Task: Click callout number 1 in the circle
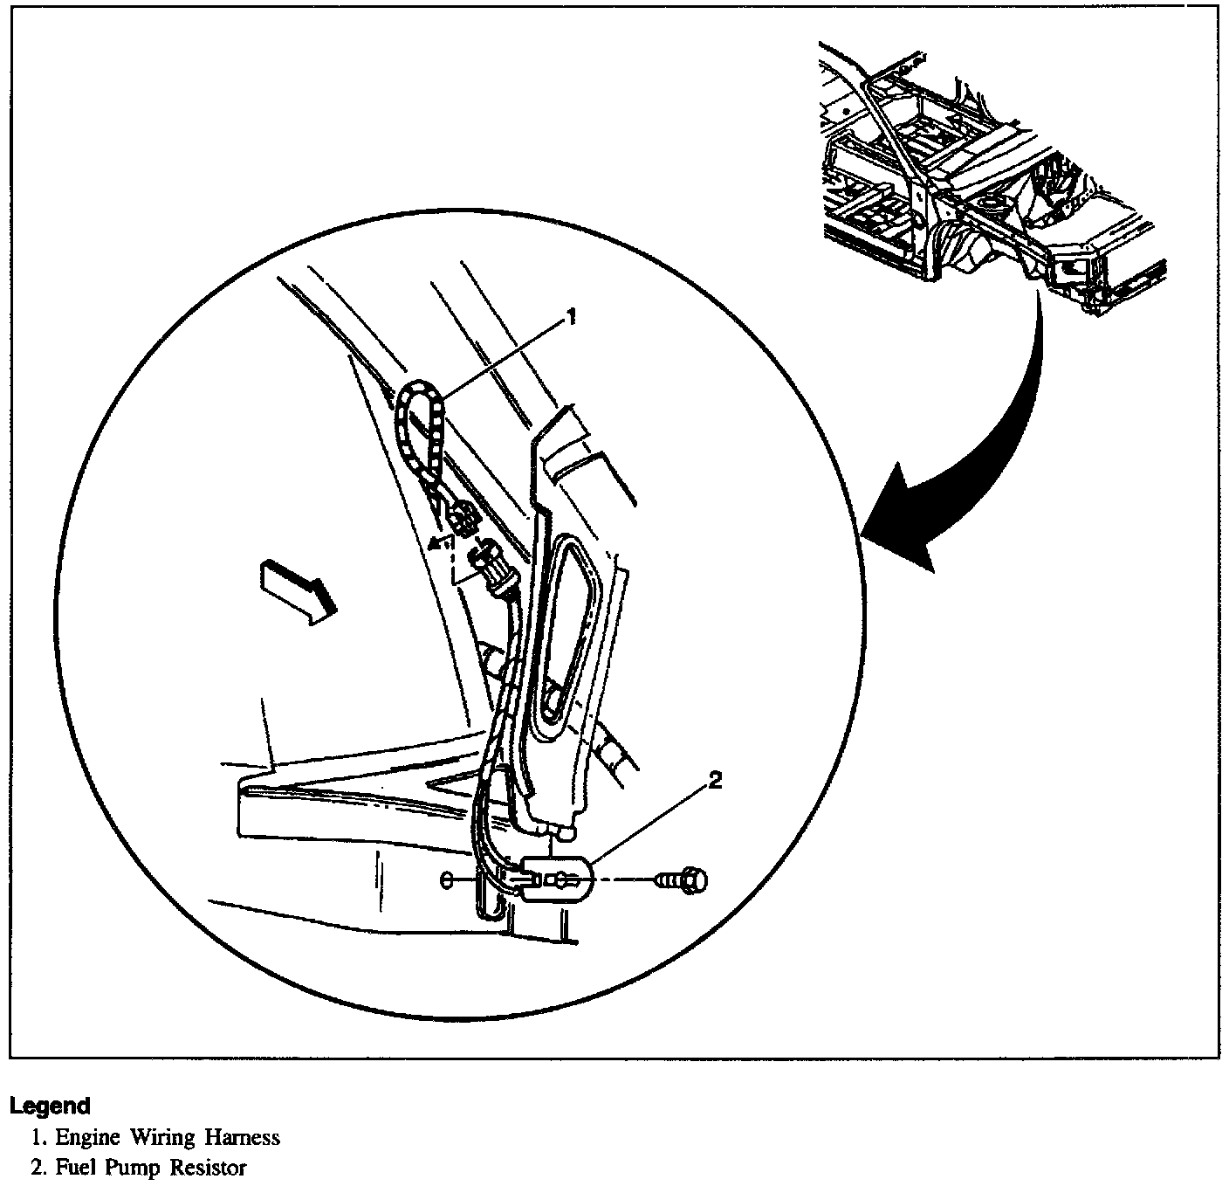pos(572,318)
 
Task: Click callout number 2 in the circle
pos(715,782)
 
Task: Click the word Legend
pos(50,1106)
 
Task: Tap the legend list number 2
pos(38,1168)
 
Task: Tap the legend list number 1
pos(38,1138)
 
